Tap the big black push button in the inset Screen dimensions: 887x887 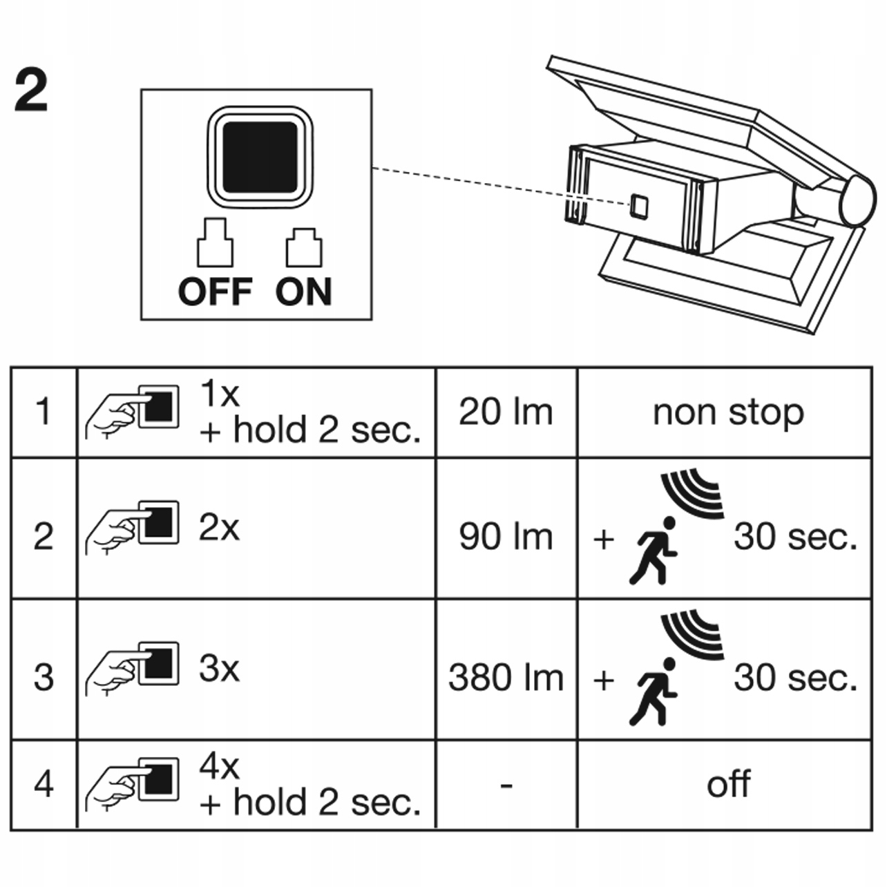(260, 156)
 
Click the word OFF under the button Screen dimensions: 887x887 (215, 292)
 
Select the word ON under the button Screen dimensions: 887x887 (304, 292)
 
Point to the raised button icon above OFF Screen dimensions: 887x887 (215, 242)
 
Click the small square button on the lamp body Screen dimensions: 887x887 (639, 205)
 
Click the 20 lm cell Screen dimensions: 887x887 (506, 412)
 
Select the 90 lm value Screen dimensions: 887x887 (506, 537)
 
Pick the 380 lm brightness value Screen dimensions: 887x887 (506, 678)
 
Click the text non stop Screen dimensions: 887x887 (728, 412)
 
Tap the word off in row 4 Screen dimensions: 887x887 (728, 784)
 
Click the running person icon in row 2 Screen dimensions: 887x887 (652, 551)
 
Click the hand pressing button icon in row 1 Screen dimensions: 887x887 (132, 412)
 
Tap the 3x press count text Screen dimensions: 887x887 (219, 669)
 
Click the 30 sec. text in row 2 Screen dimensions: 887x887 (795, 537)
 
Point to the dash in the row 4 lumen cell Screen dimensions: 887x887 (506, 785)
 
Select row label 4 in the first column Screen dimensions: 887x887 (44, 784)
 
